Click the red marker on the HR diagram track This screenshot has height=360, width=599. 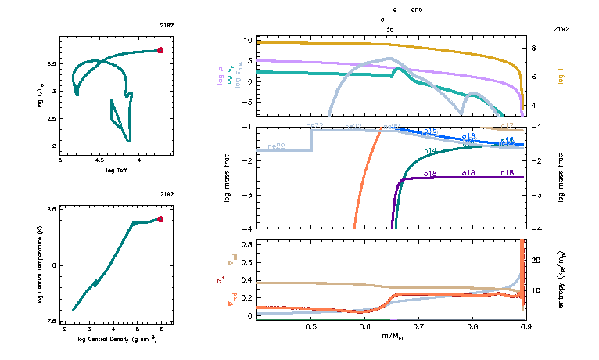coord(160,50)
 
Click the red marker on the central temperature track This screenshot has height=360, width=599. coord(160,219)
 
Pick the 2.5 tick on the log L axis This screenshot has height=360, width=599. coord(53,118)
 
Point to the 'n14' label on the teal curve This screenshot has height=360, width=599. coord(430,150)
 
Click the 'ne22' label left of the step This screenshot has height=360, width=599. coord(275,146)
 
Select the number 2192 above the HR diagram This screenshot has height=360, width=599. coord(167,26)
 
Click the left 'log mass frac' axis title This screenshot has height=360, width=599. coord(228,178)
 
